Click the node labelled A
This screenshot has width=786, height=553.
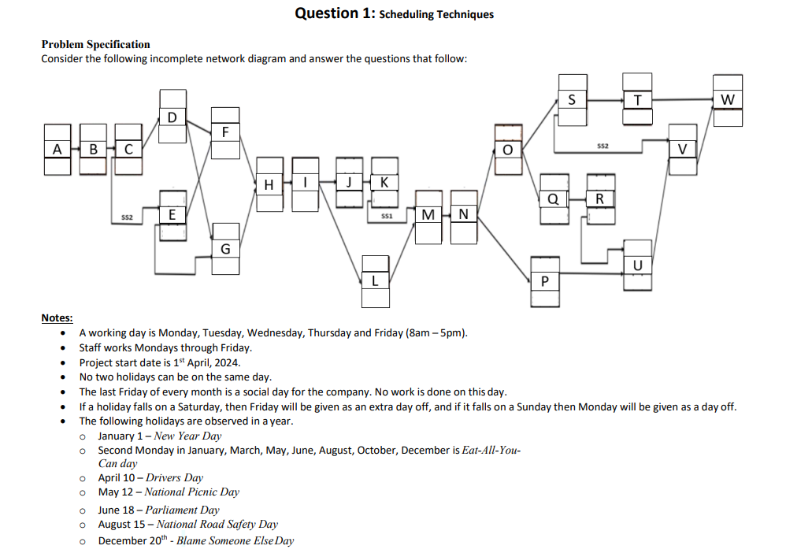57,149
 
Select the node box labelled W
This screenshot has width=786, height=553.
727,100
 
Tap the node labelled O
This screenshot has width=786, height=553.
508,149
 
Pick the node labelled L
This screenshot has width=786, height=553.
375,280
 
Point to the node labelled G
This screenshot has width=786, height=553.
225,248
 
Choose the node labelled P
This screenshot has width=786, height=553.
545,280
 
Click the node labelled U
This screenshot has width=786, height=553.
637,264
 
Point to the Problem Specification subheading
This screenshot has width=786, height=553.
95,45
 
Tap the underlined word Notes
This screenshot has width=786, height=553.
57,318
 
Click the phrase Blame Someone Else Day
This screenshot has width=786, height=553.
235,540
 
